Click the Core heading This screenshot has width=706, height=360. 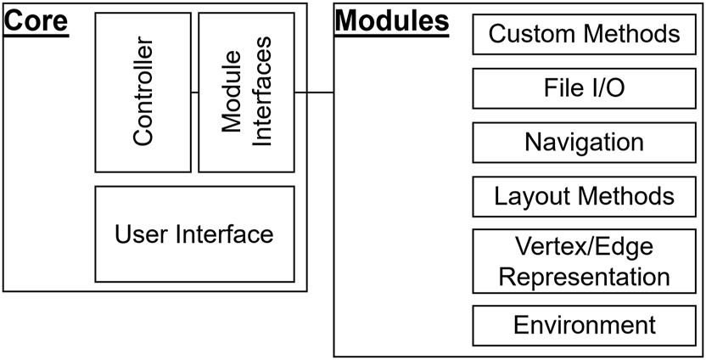pos(36,20)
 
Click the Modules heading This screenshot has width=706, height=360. pos(391,21)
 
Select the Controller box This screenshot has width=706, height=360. pos(143,93)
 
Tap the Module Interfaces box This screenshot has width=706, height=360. pos(246,93)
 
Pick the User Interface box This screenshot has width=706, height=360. pos(194,234)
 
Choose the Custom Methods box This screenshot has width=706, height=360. pos(585,35)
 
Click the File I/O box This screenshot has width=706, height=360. pos(585,88)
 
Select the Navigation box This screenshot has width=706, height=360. pos(585,142)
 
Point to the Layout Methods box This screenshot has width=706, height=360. pos(585,196)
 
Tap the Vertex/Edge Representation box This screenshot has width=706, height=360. pos(585,261)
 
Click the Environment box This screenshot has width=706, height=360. pos(585,325)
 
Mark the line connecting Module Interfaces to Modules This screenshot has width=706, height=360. pos(314,92)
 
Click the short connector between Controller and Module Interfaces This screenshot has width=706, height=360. pos(194,92)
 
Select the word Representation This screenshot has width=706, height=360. pos(585,276)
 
